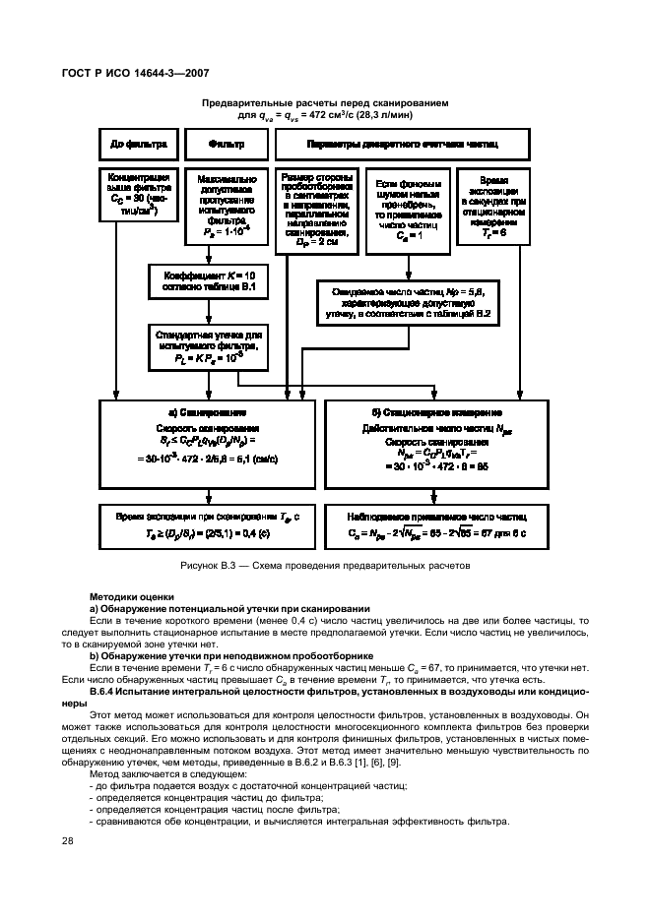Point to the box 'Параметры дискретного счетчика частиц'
402,144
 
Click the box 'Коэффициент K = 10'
207,280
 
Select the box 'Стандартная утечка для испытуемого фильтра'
207,347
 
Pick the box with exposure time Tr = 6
494,208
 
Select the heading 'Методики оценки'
132,596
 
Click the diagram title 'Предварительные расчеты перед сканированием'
325,101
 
